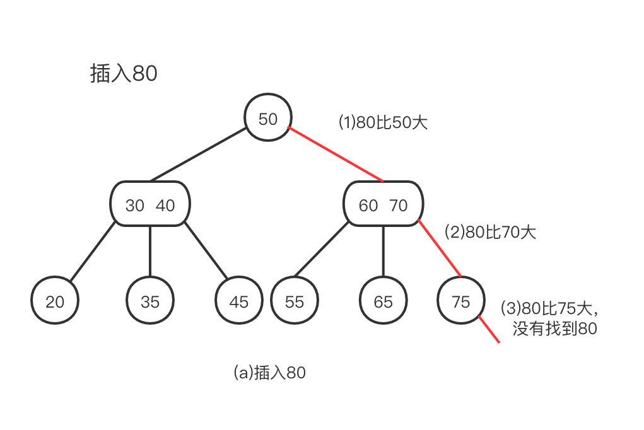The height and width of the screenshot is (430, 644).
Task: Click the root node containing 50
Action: [268, 119]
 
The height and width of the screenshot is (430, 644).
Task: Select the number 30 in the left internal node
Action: [135, 206]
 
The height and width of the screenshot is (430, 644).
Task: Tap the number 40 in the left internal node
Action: [165, 206]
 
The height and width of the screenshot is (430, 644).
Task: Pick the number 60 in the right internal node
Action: [368, 206]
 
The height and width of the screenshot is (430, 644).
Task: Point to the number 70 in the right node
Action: [399, 206]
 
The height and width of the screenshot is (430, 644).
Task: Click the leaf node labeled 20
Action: [56, 301]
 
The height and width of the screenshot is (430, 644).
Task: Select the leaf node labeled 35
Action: [150, 301]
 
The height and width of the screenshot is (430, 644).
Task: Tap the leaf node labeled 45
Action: [238, 301]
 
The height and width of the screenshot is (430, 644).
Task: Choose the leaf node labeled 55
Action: [295, 301]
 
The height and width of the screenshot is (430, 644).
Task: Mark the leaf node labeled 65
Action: [383, 301]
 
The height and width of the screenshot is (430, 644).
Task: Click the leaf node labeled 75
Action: [461, 301]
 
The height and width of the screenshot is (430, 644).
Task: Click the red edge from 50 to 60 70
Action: [336, 155]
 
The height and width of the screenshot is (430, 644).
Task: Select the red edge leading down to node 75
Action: [440, 249]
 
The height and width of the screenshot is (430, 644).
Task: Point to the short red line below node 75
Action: [490, 329]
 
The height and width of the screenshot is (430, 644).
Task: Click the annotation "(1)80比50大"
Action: [383, 122]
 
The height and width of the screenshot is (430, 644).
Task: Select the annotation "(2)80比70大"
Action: [490, 232]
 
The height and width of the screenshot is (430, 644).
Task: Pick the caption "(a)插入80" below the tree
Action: [269, 373]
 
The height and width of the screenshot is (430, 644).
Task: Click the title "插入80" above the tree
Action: [124, 74]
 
